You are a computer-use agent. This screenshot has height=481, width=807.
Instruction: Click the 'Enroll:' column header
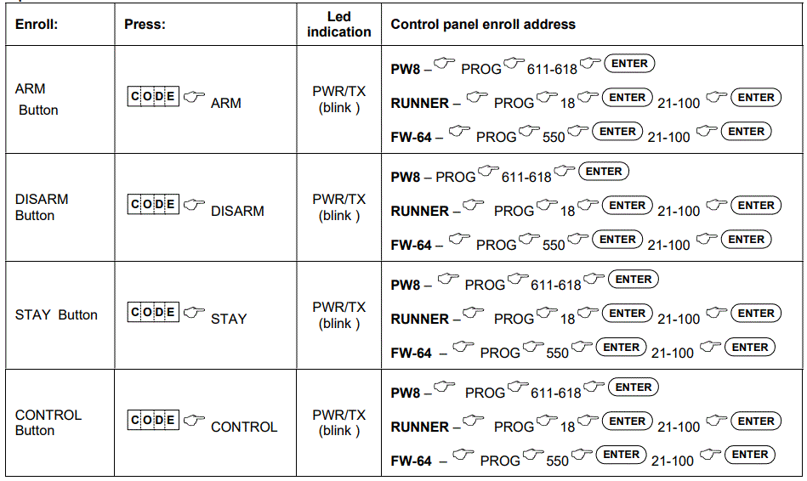tap(37, 25)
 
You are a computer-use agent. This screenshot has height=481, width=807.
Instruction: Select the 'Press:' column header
tap(145, 25)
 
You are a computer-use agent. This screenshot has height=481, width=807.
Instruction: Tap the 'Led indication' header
tap(339, 24)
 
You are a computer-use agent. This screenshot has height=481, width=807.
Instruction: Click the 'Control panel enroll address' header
tap(483, 25)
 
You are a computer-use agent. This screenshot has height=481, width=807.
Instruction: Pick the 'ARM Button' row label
tap(37, 99)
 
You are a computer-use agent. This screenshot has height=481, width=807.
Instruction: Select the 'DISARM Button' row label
tap(42, 207)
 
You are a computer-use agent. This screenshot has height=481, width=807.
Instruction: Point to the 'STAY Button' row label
tap(56, 314)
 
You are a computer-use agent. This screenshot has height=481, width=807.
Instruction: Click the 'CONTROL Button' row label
tap(48, 422)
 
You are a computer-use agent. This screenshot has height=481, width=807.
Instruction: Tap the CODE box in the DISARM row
tap(154, 204)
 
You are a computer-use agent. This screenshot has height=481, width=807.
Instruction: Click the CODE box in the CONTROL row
tap(154, 420)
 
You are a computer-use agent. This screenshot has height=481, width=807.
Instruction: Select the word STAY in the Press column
tap(229, 320)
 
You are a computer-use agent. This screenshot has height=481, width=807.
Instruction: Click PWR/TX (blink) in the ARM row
tap(339, 99)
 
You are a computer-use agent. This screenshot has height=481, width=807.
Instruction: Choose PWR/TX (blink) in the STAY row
tap(339, 314)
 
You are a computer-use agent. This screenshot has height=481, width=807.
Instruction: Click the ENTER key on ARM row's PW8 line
tap(629, 64)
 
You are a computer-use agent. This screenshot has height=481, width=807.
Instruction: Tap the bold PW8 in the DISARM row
tap(406, 178)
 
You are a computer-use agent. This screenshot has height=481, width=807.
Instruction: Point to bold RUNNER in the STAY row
tap(419, 320)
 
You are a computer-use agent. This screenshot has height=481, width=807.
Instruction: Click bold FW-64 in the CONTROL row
tap(412, 461)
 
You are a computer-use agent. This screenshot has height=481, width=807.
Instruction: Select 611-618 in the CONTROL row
tap(555, 393)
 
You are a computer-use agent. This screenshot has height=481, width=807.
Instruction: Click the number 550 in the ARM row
tap(554, 138)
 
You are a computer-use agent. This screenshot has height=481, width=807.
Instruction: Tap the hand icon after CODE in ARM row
tap(195, 97)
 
